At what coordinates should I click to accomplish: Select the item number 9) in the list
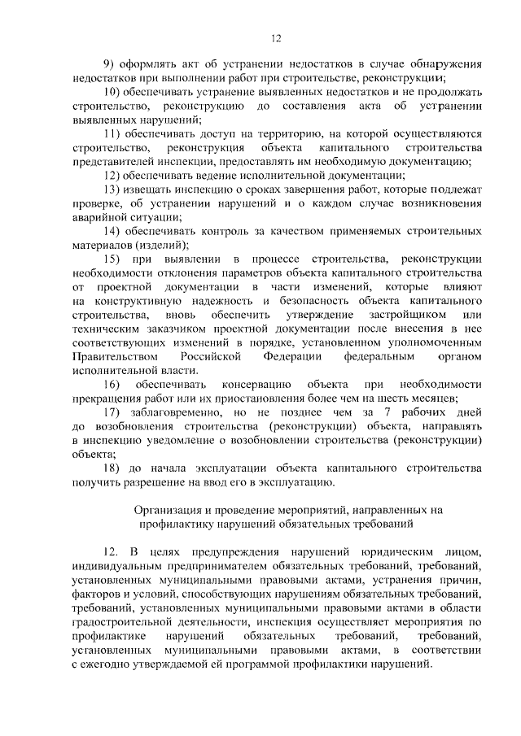[111, 63]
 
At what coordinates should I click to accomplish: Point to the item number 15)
[113, 258]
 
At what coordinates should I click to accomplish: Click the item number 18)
[113, 468]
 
